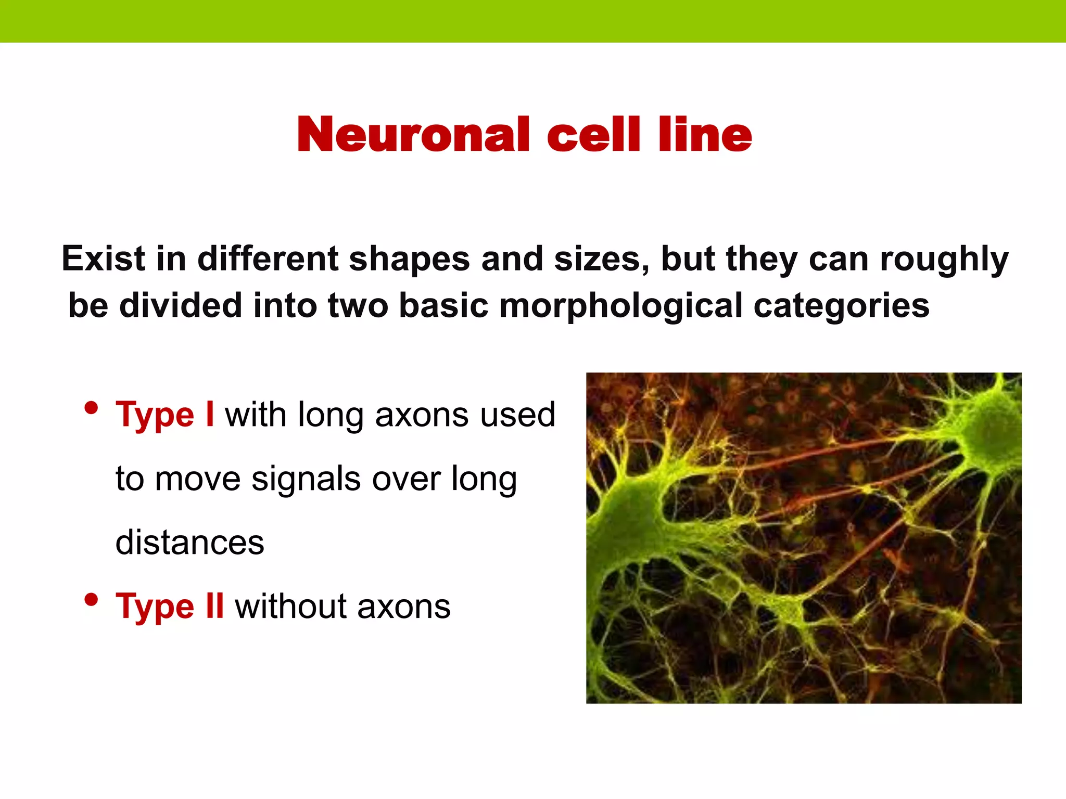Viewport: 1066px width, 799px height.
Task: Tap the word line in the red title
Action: click(x=705, y=135)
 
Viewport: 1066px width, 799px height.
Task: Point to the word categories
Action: click(x=841, y=305)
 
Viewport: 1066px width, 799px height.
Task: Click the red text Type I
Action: click(x=164, y=415)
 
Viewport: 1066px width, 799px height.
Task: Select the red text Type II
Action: click(x=170, y=607)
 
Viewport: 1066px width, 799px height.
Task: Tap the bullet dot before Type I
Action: click(x=91, y=408)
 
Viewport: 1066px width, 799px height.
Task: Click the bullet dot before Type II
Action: click(x=91, y=600)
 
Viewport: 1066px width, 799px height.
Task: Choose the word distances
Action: click(x=190, y=543)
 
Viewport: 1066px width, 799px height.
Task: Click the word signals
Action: click(x=306, y=480)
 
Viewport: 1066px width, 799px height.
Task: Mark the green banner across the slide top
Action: click(x=533, y=21)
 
